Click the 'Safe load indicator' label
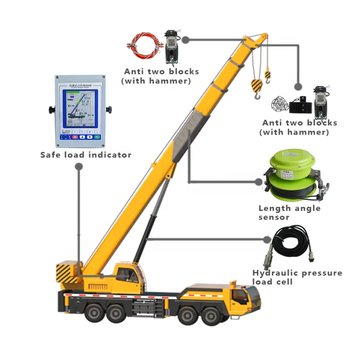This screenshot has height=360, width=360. click(86, 155)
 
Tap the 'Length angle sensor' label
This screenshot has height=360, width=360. click(289, 212)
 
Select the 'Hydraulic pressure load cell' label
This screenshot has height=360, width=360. click(297, 277)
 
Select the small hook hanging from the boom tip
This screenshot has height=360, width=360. click(267, 75)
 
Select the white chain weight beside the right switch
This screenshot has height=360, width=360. click(280, 103)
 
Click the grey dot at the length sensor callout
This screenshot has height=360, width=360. click(259, 182)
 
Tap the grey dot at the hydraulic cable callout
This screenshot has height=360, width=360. click(265, 238)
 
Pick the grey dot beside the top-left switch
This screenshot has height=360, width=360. click(185, 39)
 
